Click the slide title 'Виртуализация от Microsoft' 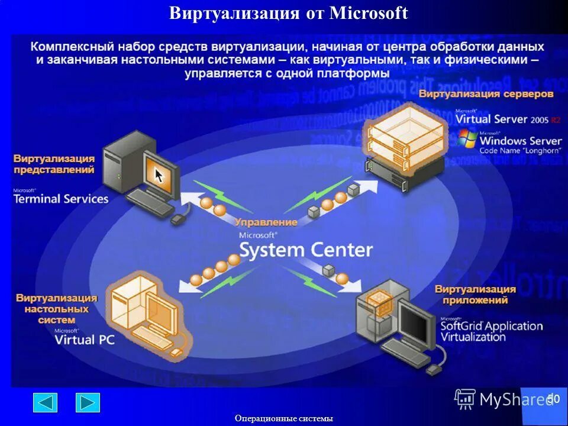pos(288,13)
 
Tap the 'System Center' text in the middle pos(306,250)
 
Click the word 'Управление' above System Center pos(266,222)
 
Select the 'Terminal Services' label pos(61,199)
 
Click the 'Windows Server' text pos(520,141)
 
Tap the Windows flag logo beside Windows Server pos(467,139)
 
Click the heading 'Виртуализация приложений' pos(475,295)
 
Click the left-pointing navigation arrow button pos(45,402)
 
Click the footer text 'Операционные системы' pos(284,418)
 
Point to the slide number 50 pos(553,399)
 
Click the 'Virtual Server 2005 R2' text pos(507,119)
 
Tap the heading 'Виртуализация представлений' pos(54,164)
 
